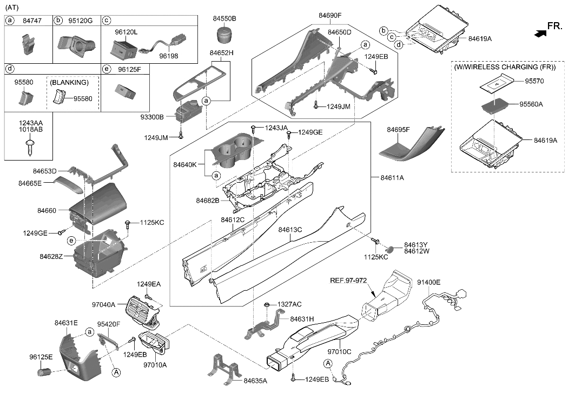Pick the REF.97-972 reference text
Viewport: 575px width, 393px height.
click(x=349, y=281)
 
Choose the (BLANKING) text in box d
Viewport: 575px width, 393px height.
click(x=69, y=83)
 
